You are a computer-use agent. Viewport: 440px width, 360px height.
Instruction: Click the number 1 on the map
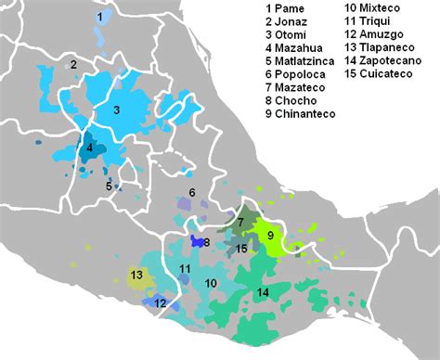coord(99,17)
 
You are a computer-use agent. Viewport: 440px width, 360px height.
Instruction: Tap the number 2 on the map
coord(72,64)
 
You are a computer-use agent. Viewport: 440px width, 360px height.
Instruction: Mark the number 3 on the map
coord(117,109)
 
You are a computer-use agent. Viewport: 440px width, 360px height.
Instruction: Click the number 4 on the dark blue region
coord(89,148)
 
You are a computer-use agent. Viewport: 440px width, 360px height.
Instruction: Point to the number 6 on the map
coord(191,193)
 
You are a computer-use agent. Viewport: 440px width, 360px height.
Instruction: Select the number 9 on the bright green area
coord(270,236)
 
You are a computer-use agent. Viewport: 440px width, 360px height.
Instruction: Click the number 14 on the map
coord(263,292)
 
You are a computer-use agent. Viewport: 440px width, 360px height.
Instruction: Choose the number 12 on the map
coord(160,302)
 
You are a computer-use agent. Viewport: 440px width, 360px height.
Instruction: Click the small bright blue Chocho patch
coord(197,242)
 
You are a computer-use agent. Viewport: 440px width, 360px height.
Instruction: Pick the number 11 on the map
coord(185,269)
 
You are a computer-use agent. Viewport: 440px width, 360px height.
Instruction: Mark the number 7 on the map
coord(239,223)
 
